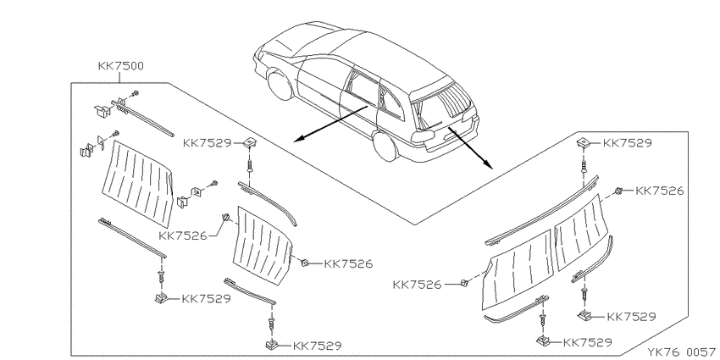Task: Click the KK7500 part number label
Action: click(121, 66)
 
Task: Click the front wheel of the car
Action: click(280, 84)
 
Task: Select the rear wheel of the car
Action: click(385, 145)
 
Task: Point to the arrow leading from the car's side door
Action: click(330, 124)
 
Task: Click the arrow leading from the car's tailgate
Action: click(470, 148)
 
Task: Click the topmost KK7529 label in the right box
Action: click(627, 143)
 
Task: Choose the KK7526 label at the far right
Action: click(659, 191)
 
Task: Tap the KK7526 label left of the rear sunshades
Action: click(417, 285)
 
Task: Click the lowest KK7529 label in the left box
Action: click(317, 346)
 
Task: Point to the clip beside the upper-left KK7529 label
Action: click(249, 144)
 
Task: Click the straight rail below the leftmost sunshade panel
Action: click(132, 238)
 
